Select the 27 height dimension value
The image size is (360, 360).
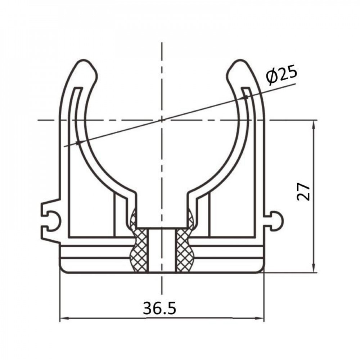(x=303, y=191)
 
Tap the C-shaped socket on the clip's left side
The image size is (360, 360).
(x=49, y=217)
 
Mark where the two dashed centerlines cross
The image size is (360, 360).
(x=162, y=119)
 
